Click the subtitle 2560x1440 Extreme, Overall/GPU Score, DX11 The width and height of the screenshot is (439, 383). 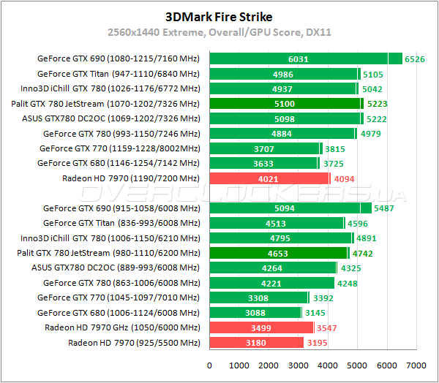(x=219, y=32)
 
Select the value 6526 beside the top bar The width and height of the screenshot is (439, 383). (x=415, y=59)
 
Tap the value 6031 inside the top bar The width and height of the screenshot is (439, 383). (x=299, y=59)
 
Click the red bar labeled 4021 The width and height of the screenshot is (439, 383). (x=269, y=178)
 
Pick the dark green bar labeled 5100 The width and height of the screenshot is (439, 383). (x=285, y=104)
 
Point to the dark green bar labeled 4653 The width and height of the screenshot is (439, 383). (x=278, y=253)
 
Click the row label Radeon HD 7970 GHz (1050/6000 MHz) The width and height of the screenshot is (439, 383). (x=122, y=327)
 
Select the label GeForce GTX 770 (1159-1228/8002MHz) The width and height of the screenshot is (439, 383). (x=121, y=148)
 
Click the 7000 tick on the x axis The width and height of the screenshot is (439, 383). (x=416, y=365)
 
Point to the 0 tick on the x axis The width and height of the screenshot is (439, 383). (x=210, y=365)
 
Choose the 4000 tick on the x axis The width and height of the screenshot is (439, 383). (x=328, y=365)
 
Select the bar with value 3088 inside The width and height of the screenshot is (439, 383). (x=255, y=313)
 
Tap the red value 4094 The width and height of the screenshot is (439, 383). (x=344, y=178)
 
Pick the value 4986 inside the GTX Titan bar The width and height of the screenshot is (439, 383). (x=283, y=74)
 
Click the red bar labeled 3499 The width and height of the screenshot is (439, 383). (x=261, y=327)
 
